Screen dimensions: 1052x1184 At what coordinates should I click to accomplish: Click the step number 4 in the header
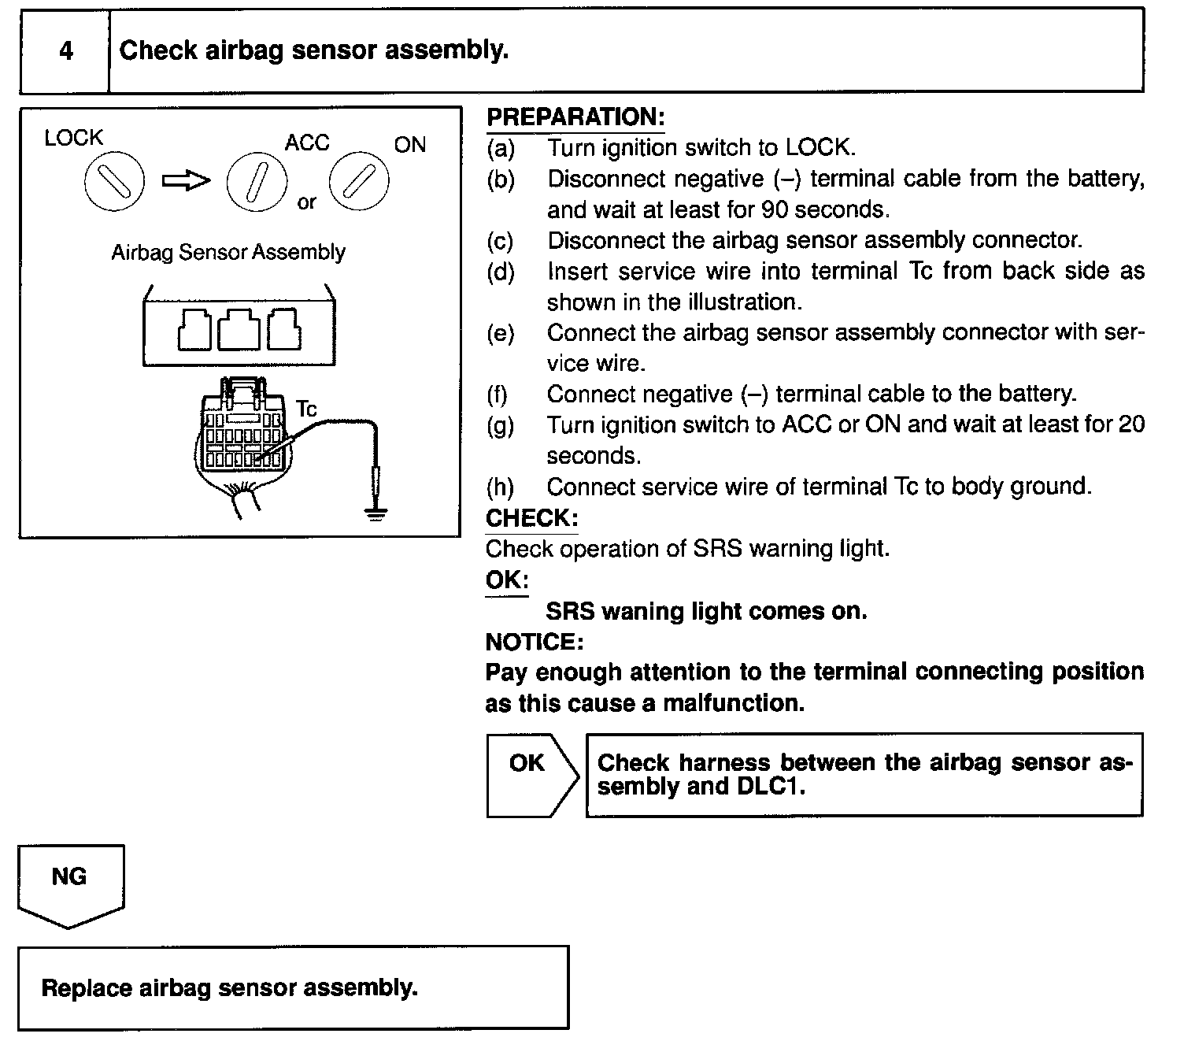pyautogui.click(x=66, y=51)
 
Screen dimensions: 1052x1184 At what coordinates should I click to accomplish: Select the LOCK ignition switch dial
pyautogui.click(x=114, y=182)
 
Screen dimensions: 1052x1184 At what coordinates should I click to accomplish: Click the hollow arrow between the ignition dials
pyautogui.click(x=186, y=181)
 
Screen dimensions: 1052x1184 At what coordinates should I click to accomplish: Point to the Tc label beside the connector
pyautogui.click(x=306, y=409)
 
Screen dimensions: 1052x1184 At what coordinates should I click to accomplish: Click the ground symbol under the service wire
pyautogui.click(x=376, y=516)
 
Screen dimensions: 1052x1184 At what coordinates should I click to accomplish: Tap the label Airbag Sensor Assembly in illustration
pyautogui.click(x=228, y=253)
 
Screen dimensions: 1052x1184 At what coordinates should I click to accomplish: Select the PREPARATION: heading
pyautogui.click(x=575, y=117)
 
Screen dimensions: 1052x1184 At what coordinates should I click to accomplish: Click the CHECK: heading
pyautogui.click(x=531, y=518)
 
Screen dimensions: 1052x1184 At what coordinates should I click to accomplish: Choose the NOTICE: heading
pyautogui.click(x=535, y=643)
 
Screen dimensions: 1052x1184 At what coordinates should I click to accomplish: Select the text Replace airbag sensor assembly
pyautogui.click(x=229, y=988)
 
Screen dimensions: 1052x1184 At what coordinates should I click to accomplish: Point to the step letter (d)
pyautogui.click(x=501, y=272)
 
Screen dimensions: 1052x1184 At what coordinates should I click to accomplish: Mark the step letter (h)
pyautogui.click(x=501, y=487)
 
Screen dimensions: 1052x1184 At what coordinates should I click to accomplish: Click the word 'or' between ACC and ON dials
pyautogui.click(x=307, y=202)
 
